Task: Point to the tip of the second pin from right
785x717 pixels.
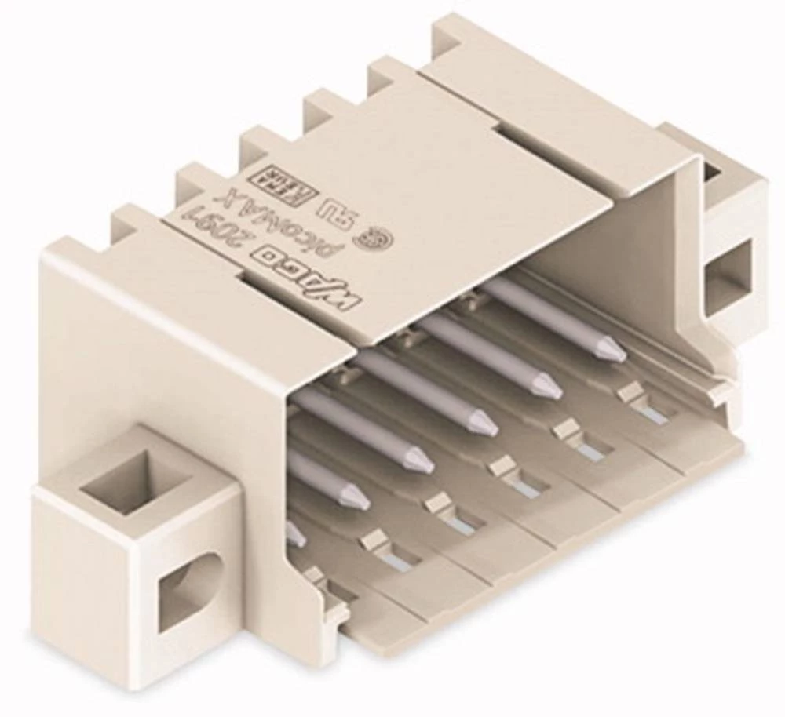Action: (x=549, y=387)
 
